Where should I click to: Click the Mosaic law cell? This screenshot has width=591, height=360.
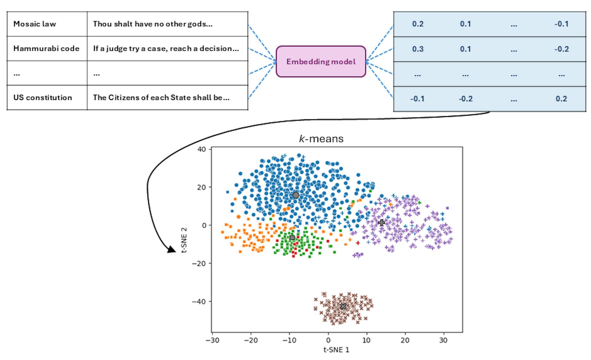[x=35, y=24]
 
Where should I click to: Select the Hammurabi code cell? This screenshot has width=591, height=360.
[x=46, y=49]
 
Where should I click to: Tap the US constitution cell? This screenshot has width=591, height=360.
[x=43, y=98]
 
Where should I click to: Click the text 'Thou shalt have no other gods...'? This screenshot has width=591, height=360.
[x=153, y=24]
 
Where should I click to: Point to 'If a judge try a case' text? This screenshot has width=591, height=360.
[x=166, y=49]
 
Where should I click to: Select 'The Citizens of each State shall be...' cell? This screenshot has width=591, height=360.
[x=161, y=98]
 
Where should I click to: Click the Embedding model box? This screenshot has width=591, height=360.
[x=321, y=62]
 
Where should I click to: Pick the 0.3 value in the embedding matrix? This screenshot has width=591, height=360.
[x=418, y=49]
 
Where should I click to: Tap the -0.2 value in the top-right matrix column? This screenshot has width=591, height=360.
[x=561, y=49]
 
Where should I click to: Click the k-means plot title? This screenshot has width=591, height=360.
[x=321, y=139]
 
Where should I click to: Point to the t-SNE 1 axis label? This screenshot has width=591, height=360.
[x=336, y=350]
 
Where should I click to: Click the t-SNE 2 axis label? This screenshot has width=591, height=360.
[x=184, y=240]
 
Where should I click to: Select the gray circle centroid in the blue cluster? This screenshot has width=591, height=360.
[x=295, y=195]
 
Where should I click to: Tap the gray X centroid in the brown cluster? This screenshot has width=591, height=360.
[x=343, y=306]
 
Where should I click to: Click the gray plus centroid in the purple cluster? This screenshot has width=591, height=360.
[x=381, y=222]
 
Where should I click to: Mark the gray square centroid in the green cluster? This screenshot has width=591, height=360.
[x=292, y=238]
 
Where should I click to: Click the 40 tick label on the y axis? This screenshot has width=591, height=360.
[x=202, y=149]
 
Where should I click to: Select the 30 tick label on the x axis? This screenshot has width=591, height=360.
[x=444, y=340]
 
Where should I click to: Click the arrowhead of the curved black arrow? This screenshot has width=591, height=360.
[x=171, y=250]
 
